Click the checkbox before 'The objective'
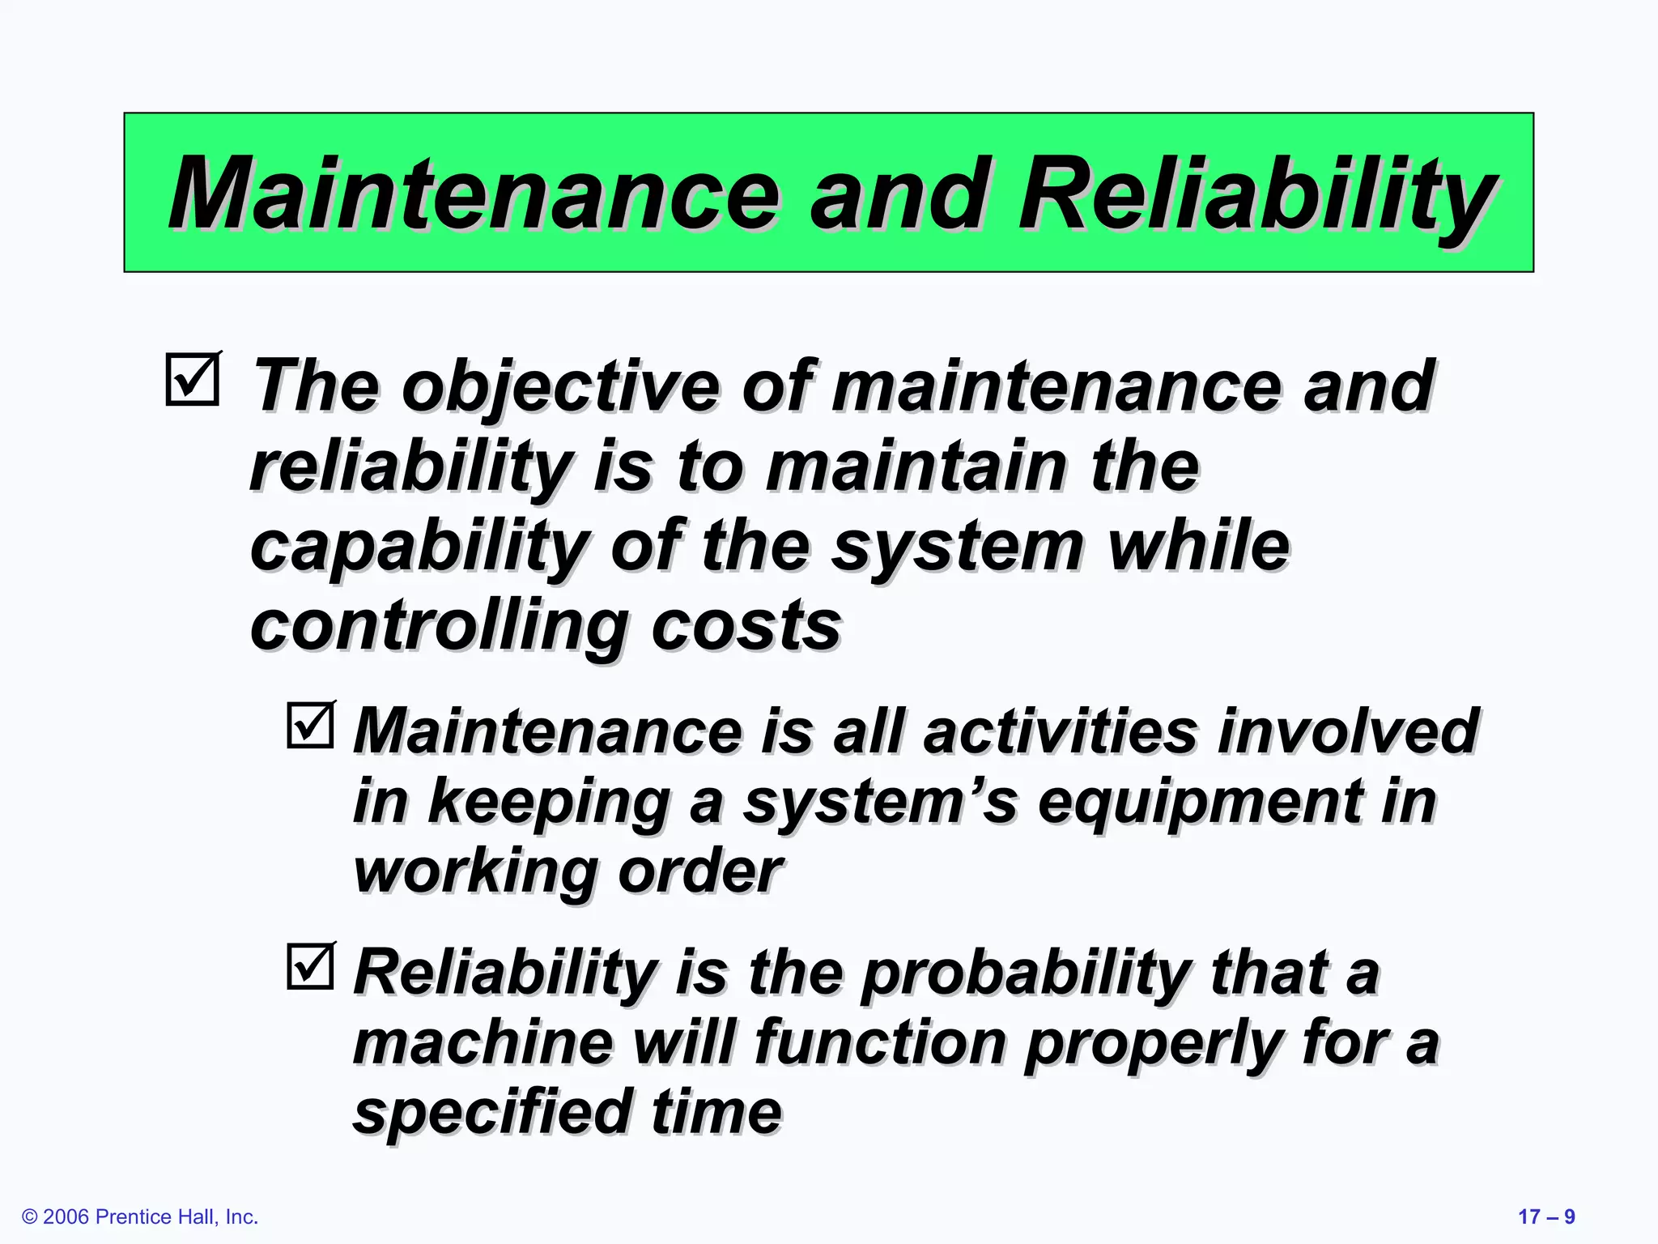(x=193, y=379)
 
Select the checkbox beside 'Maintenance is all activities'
(x=310, y=725)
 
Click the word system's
(x=879, y=802)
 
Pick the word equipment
(x=1199, y=802)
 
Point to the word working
(x=474, y=872)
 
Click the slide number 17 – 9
(x=1546, y=1216)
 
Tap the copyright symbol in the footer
(x=30, y=1217)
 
